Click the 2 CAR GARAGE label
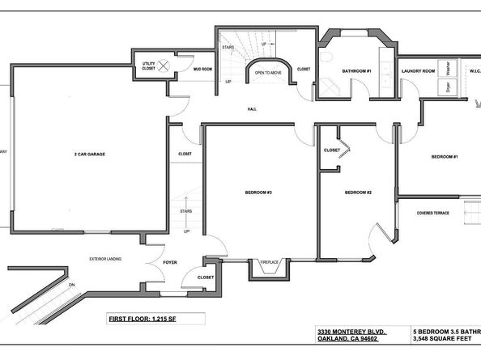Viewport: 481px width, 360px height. (91, 154)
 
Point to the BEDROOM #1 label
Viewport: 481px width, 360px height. (445, 156)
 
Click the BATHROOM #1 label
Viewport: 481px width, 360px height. (356, 71)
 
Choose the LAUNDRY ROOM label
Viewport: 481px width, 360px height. (418, 71)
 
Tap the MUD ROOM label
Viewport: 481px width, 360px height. (202, 70)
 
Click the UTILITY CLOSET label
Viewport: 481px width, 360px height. (148, 66)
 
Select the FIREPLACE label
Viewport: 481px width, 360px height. (269, 262)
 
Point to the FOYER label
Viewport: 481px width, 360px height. (170, 263)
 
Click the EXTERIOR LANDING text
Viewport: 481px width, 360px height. (105, 259)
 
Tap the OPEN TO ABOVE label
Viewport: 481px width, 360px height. (269, 73)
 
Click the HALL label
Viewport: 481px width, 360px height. (252, 108)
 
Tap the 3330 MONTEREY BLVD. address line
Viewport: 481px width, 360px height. (351, 332)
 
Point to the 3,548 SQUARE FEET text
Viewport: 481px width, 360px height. (444, 340)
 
